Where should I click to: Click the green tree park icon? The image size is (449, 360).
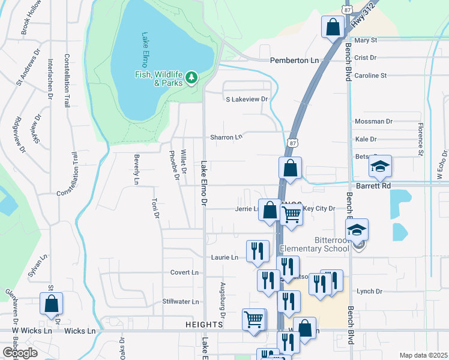[191, 77]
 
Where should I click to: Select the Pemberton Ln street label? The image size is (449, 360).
[294, 61]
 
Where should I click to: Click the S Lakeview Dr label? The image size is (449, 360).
[246, 99]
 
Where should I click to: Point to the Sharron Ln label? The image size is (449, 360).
[226, 137]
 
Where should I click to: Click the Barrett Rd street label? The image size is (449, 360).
[373, 186]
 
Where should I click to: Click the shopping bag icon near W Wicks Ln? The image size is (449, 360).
[51, 304]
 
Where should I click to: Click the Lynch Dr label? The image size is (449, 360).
[369, 292]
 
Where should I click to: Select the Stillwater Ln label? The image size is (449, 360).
[180, 301]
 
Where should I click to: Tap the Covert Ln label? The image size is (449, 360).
[184, 272]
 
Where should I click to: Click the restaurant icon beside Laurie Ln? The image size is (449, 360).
[258, 251]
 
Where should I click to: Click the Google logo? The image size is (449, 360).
[19, 352]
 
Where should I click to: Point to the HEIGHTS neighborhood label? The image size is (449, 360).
[204, 324]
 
